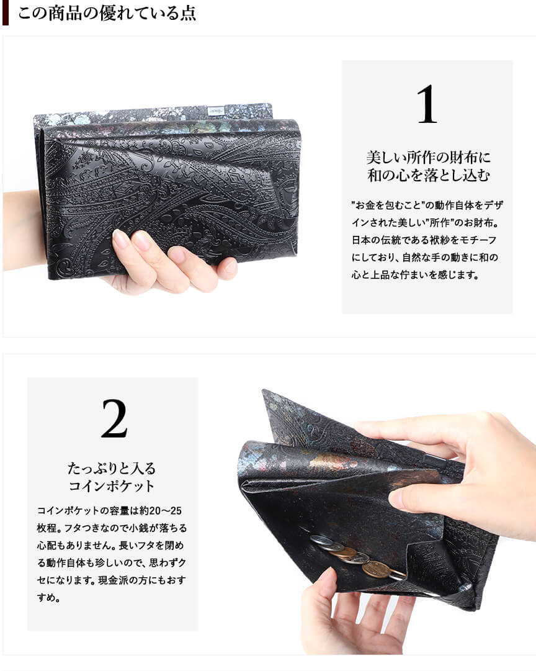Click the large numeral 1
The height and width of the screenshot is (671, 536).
(x=427, y=104)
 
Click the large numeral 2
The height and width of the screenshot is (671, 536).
(x=114, y=418)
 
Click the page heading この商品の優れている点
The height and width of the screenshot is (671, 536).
(x=107, y=13)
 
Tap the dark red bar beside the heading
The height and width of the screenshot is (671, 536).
(x=5, y=12)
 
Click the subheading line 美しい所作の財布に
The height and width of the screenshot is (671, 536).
(x=428, y=158)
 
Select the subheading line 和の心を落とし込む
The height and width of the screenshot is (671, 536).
(x=428, y=175)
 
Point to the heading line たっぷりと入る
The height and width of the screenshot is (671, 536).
(x=112, y=468)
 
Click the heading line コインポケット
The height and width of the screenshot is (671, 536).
(x=112, y=485)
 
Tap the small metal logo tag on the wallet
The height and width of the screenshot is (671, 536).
(x=215, y=111)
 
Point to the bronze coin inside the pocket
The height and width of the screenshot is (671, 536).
(x=376, y=569)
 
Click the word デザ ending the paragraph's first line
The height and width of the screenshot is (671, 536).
(x=493, y=205)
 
